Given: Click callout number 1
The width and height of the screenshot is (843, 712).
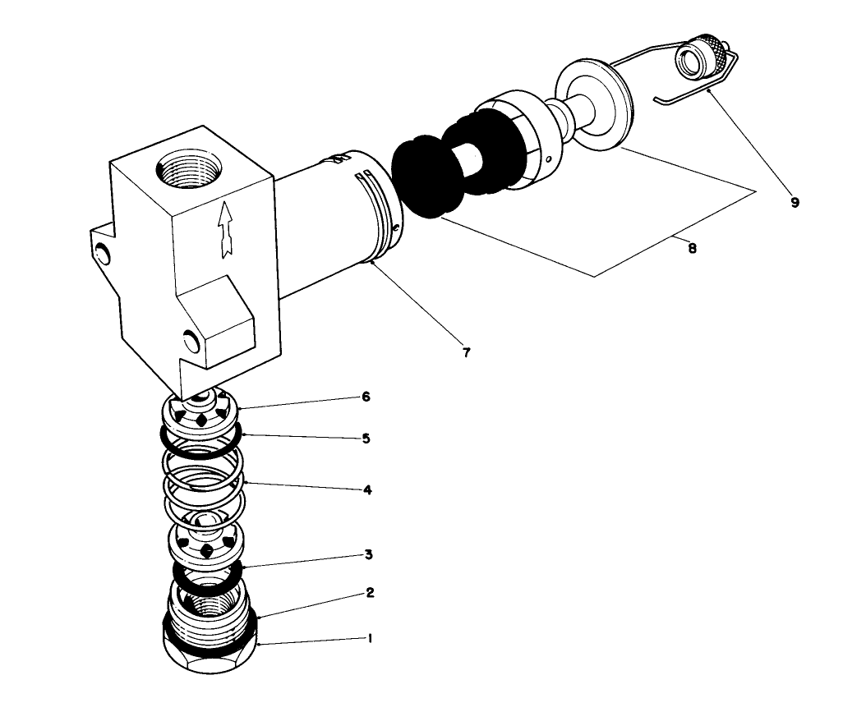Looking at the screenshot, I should [370, 638].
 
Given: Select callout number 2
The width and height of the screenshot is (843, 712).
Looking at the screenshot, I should [370, 592].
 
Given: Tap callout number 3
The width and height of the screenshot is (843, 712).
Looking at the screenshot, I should [370, 555].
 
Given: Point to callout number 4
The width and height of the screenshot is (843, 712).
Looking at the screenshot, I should [368, 489].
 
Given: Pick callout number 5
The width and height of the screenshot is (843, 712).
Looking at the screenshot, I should [366, 439].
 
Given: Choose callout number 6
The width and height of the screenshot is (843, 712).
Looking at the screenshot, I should [366, 397].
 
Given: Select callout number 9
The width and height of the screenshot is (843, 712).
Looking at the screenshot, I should [795, 202].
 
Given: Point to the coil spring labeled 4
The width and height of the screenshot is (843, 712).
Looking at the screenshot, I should [202, 485].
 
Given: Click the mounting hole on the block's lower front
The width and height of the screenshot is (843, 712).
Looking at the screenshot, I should [190, 338].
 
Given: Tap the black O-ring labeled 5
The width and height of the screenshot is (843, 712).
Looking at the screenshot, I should [200, 439].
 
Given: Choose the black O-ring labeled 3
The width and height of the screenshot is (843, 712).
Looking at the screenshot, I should [206, 576].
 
